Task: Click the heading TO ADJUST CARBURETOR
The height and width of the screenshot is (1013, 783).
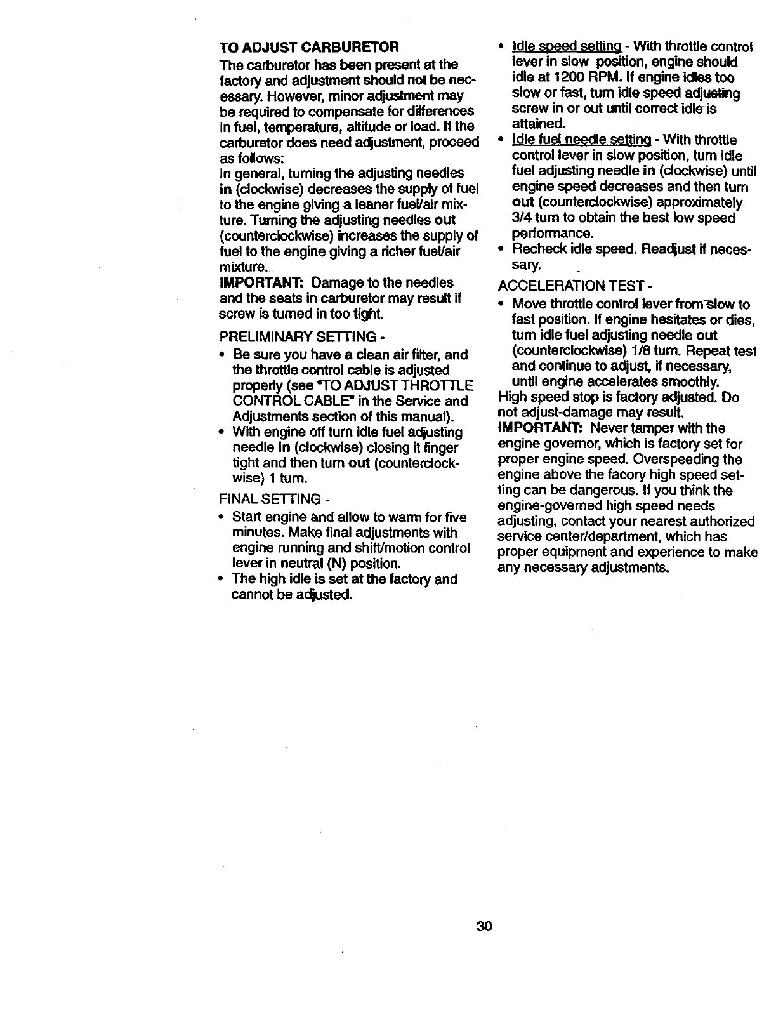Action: click(x=308, y=48)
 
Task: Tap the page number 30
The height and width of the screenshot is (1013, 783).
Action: click(x=484, y=926)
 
